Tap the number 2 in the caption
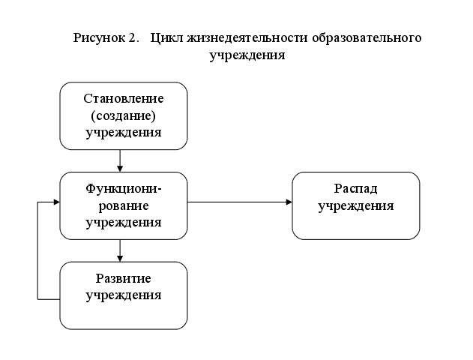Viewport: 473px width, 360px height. pyautogui.click(x=134, y=38)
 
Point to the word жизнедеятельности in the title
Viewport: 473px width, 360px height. pyautogui.click(x=241, y=38)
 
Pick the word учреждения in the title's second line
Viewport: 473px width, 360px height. pyautogui.click(x=247, y=55)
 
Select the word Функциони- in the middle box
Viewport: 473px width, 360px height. pyautogui.click(x=124, y=188)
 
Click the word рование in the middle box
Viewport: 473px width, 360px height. pyautogui.click(x=124, y=205)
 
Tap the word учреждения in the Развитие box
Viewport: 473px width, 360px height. pyautogui.click(x=124, y=295)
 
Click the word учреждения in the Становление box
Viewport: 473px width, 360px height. pyautogui.click(x=124, y=133)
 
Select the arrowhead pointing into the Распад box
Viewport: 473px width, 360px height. pyautogui.click(x=289, y=202)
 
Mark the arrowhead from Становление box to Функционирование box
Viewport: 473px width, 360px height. pyautogui.click(x=120, y=168)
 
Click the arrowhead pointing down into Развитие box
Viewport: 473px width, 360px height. pyautogui.click(x=120, y=258)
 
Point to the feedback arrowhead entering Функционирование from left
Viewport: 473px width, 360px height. pyautogui.click(x=56, y=202)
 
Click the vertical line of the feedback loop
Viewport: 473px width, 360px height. pyautogui.click(x=37, y=251)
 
